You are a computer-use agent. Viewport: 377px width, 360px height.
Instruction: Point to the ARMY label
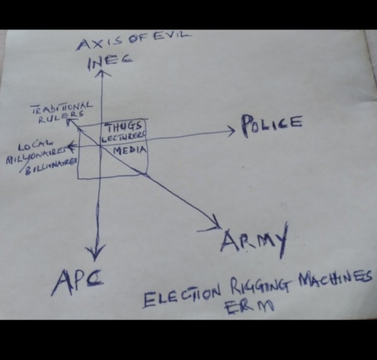pos(254,242)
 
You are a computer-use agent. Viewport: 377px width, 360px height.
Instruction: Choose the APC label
pos(76,283)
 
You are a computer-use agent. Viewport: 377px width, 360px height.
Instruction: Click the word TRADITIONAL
pos(62,108)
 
